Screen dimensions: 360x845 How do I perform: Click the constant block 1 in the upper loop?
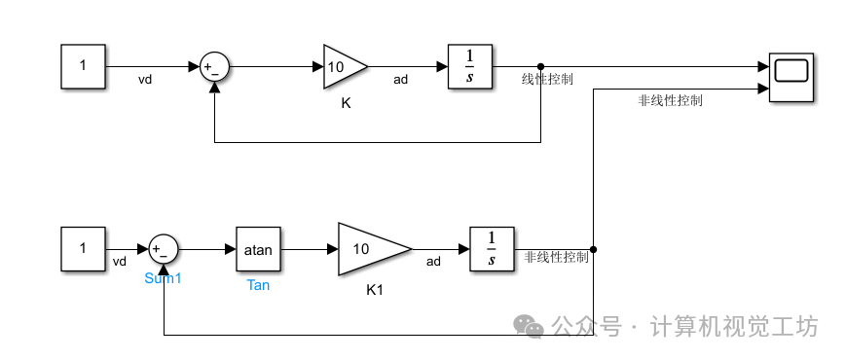pos(84,66)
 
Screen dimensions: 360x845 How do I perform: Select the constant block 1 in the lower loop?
pos(84,248)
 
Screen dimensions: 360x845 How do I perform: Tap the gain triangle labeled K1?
pos(370,249)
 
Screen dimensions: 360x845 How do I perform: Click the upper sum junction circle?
pos(214,67)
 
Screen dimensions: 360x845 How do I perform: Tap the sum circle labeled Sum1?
pos(163,249)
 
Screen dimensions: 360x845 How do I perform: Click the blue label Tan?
pos(258,285)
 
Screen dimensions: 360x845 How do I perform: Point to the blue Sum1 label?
pos(163,278)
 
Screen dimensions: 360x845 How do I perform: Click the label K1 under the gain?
pos(376,289)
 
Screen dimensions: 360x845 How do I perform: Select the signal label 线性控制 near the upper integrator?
pos(547,80)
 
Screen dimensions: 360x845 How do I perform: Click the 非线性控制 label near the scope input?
pos(670,100)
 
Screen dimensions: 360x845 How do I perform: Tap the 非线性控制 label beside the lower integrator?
pos(557,258)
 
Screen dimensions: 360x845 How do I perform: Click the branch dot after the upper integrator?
pos(541,66)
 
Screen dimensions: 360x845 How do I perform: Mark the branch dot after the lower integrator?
pos(593,249)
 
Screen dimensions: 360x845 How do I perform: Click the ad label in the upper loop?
pos(400,80)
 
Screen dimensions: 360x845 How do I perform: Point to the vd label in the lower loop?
pos(120,261)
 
